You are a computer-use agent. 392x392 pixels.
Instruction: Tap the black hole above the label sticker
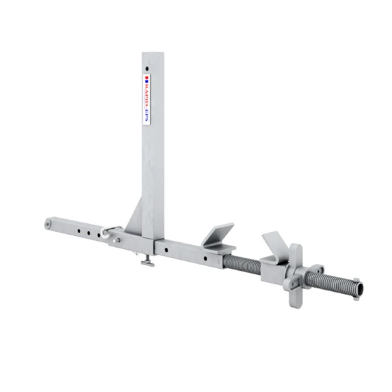[148, 69]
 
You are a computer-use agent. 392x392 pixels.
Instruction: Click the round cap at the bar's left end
[48, 224]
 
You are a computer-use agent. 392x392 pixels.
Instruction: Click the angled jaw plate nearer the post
[220, 234]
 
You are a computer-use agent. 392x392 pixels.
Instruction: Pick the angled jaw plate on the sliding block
[275, 244]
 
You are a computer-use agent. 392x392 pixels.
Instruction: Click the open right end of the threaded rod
[356, 287]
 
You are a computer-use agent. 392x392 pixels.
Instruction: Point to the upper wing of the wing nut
[296, 253]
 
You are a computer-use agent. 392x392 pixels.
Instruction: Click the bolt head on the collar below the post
[118, 240]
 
